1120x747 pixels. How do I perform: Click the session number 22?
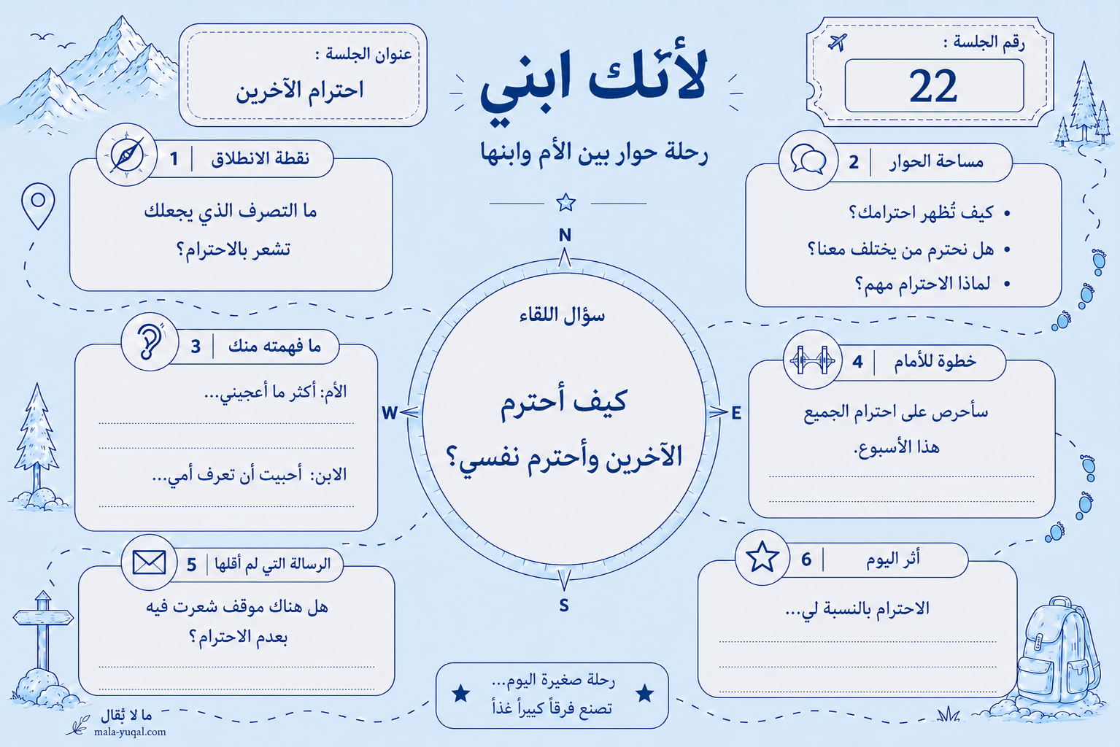pos(933,86)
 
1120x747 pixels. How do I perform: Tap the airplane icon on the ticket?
pos(838,42)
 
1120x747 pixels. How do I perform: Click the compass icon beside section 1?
pos(126,155)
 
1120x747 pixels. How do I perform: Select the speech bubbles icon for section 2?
pos(808,160)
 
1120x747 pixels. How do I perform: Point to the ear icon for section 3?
pos(150,342)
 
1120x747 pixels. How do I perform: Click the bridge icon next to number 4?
pos(812,360)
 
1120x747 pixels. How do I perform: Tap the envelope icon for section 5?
pos(149,562)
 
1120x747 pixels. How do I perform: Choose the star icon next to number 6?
pos(762,556)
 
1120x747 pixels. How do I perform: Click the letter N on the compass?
pos(565,235)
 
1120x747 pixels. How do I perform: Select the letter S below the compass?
pos(564,605)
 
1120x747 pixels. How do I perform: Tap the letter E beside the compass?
pos(736,413)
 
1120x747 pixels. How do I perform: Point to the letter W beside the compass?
pos(390,413)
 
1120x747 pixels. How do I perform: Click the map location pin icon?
pos(38,206)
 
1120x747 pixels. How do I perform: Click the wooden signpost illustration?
pos(43,631)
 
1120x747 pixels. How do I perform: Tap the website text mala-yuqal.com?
pos(130,732)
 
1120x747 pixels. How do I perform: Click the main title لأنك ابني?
pos(593,82)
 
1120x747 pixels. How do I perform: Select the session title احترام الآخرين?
pos(299,90)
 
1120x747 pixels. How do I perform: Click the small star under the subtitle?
pos(565,203)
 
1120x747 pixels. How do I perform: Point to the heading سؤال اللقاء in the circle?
pos(563,315)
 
